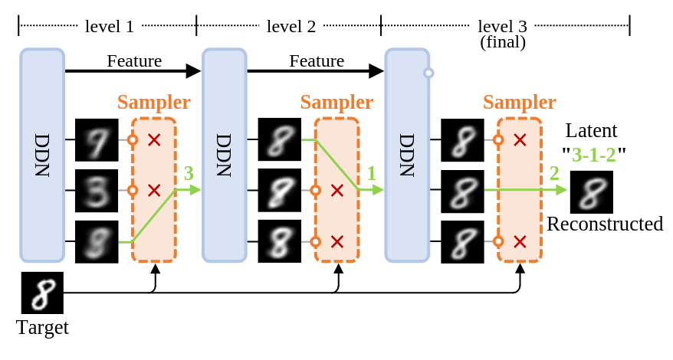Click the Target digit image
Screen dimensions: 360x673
click(41, 293)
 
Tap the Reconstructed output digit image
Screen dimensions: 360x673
click(591, 191)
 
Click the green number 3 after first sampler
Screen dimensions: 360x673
click(188, 172)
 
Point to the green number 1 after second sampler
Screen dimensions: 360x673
click(371, 172)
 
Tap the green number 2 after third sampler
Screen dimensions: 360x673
click(554, 172)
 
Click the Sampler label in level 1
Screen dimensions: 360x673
click(154, 103)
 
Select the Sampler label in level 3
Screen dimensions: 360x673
click(520, 103)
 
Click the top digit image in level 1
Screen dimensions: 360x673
click(97, 139)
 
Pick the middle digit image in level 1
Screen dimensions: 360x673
click(97, 190)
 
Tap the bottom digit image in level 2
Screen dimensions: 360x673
click(280, 241)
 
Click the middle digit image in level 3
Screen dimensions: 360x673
click(462, 190)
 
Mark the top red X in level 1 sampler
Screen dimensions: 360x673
click(154, 140)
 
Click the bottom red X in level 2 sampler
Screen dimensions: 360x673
click(336, 241)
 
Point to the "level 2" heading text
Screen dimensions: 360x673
click(290, 26)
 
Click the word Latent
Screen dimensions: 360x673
click(591, 130)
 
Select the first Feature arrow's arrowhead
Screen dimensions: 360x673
click(193, 71)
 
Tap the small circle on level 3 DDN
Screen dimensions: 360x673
click(428, 74)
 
